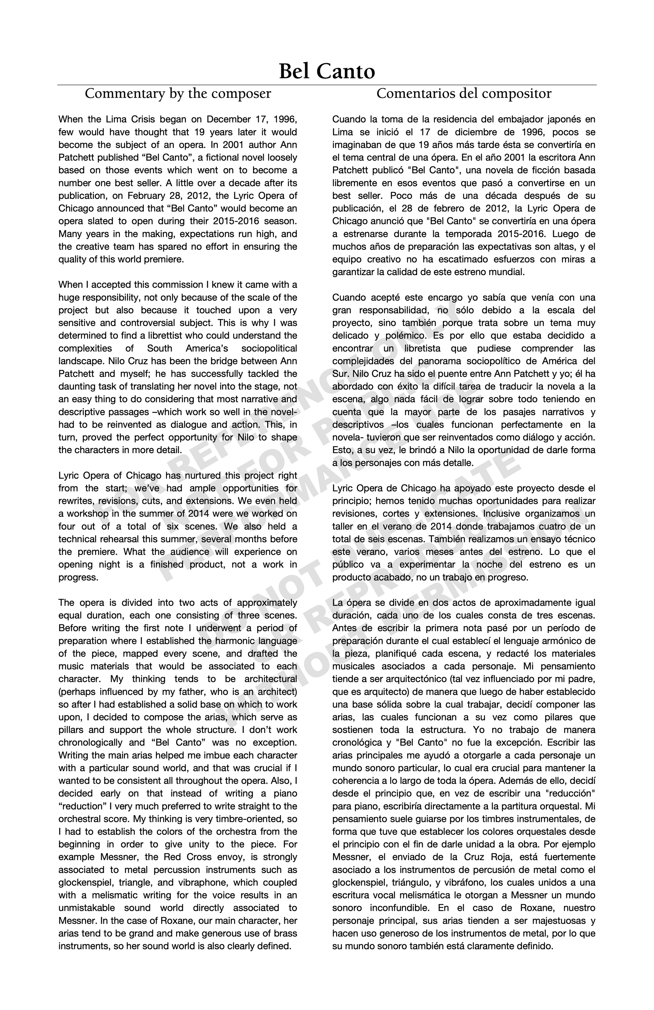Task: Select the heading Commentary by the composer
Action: point(177,94)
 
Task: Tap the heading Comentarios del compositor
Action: point(464,94)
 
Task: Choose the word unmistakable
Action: point(87,908)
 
